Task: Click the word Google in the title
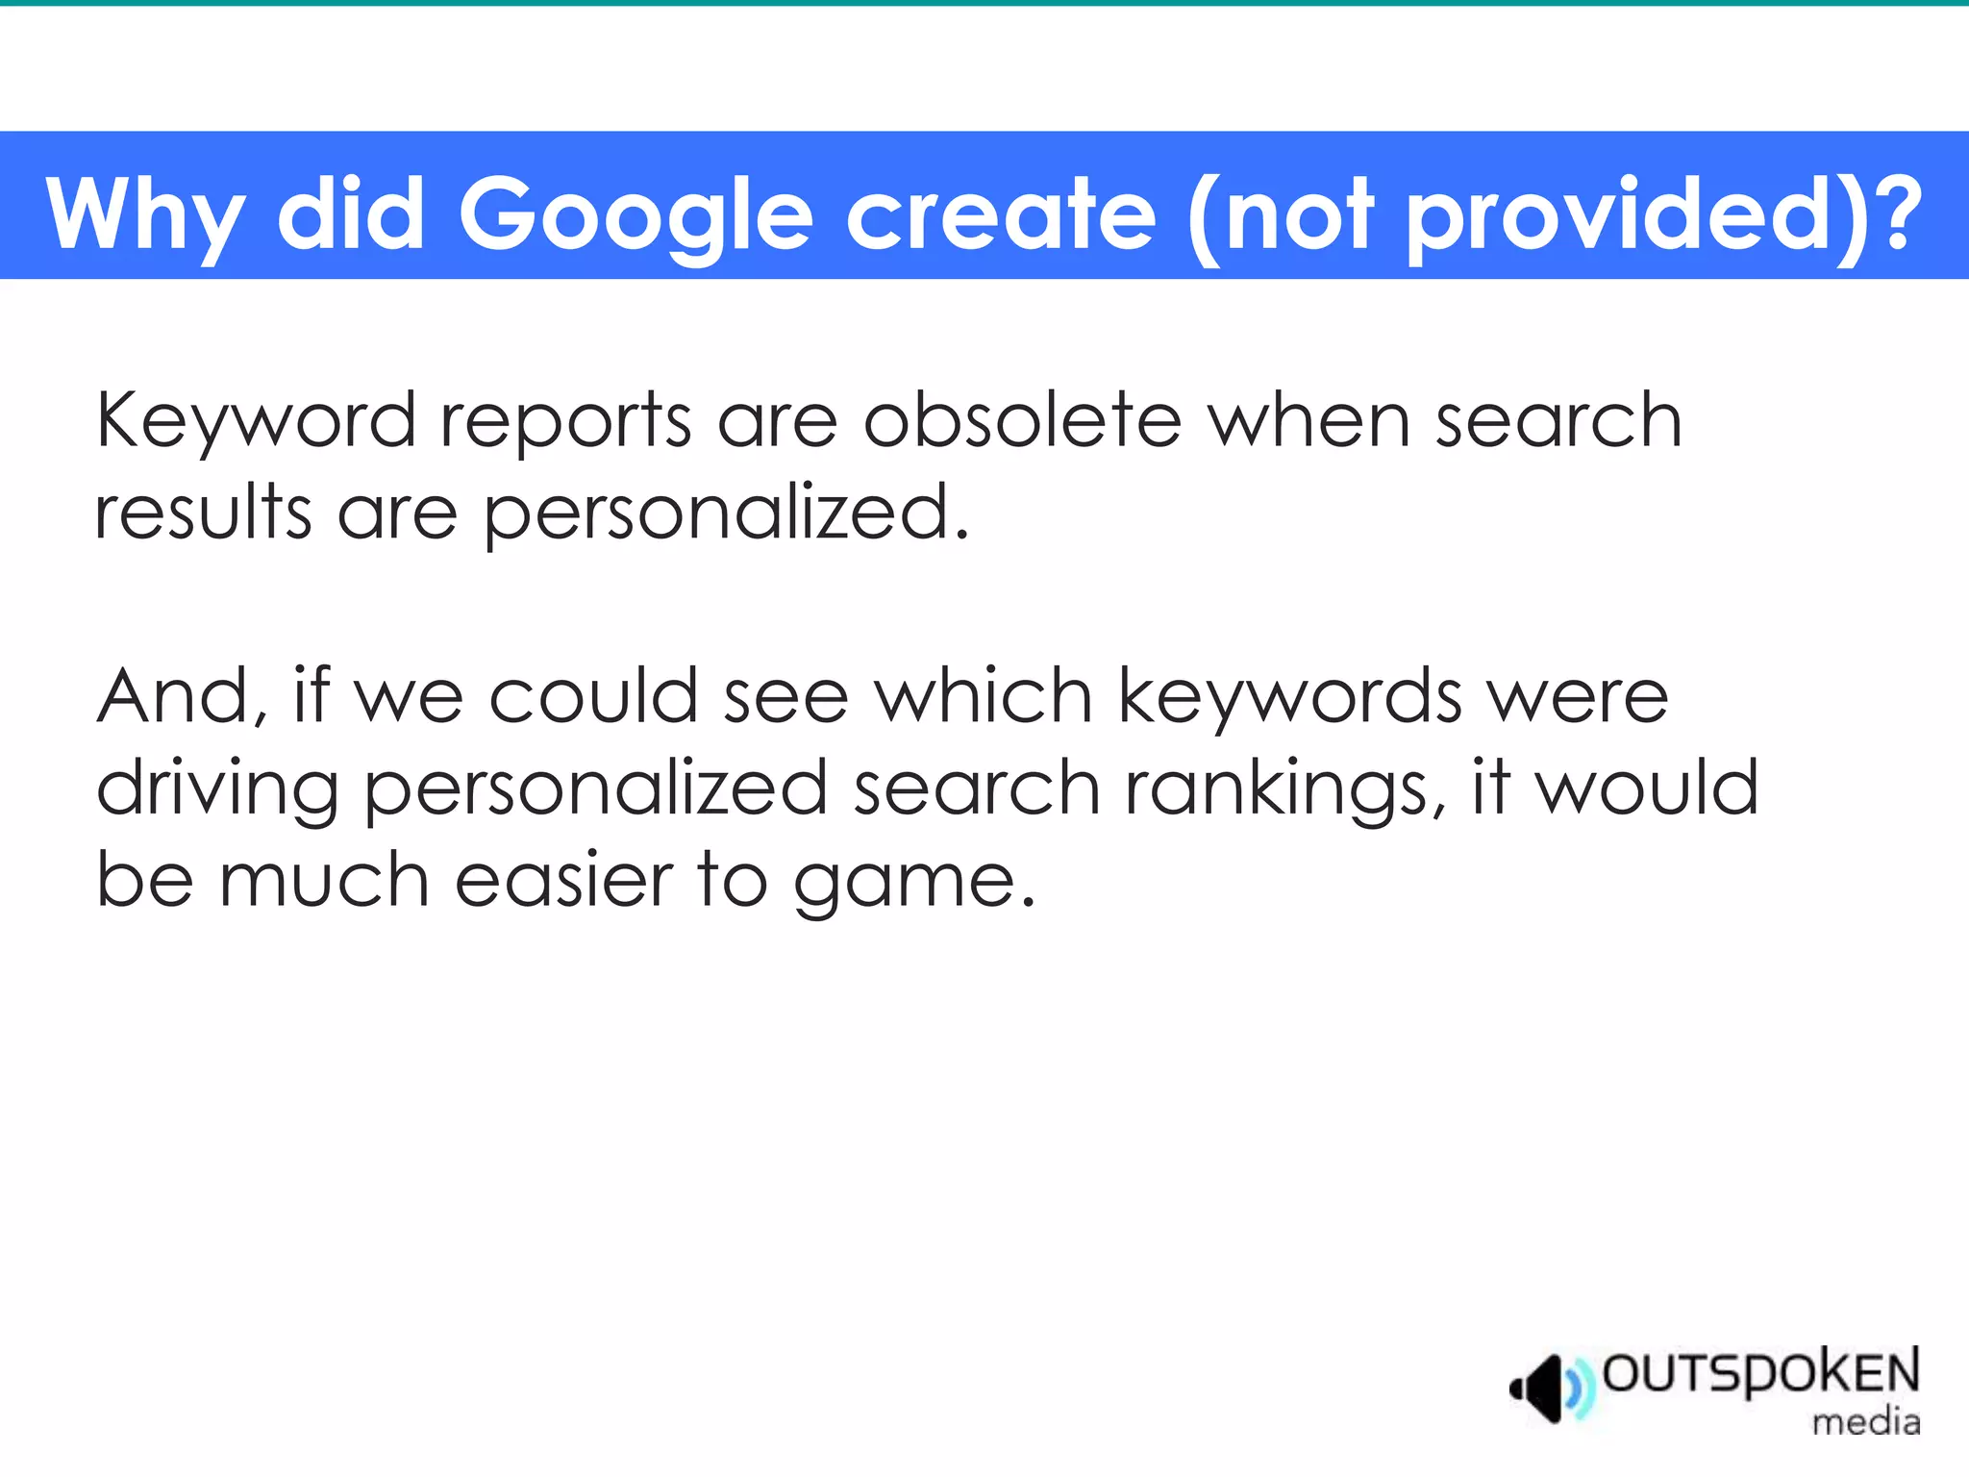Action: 636,214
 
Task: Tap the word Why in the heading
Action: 144,214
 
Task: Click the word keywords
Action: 1290,696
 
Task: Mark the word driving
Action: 217,789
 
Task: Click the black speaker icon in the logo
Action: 1538,1389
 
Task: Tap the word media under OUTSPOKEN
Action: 1866,1421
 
